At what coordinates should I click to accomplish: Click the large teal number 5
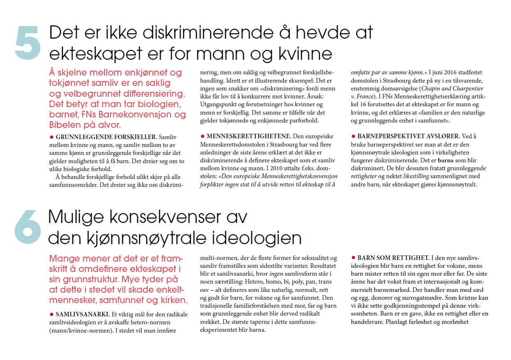coord(28,43)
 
